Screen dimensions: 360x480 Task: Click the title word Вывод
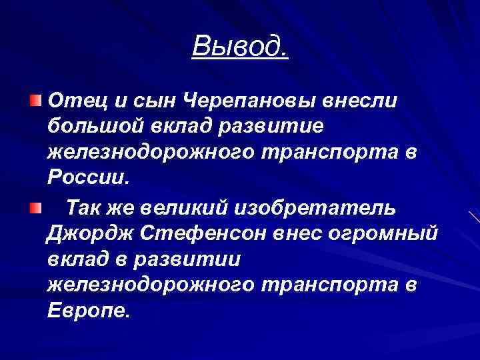pyautogui.click(x=240, y=46)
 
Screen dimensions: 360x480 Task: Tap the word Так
pyautogui.click(x=84, y=208)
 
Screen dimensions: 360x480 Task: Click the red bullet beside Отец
pyautogui.click(x=34, y=101)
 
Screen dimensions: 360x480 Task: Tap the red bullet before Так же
pyautogui.click(x=34, y=208)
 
